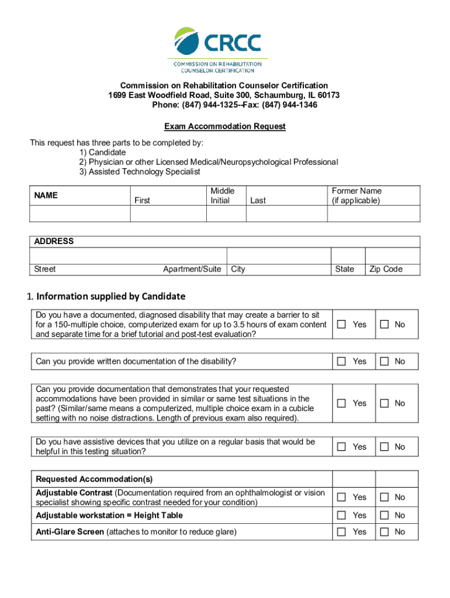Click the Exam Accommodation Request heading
click(225, 126)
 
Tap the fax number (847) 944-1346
click(290, 105)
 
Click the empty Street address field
click(128, 256)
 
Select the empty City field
click(279, 256)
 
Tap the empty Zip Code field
click(392, 256)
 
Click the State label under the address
click(344, 269)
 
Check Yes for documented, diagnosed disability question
click(342, 324)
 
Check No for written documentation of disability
click(385, 361)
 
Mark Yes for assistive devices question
click(342, 447)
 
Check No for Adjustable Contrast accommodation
click(385, 497)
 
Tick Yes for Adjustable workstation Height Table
click(342, 515)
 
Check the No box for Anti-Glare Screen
click(385, 531)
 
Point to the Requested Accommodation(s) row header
click(94, 479)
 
